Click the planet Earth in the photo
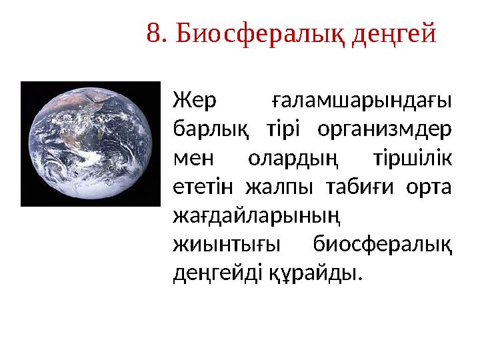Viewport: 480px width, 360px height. pyautogui.click(x=90, y=144)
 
